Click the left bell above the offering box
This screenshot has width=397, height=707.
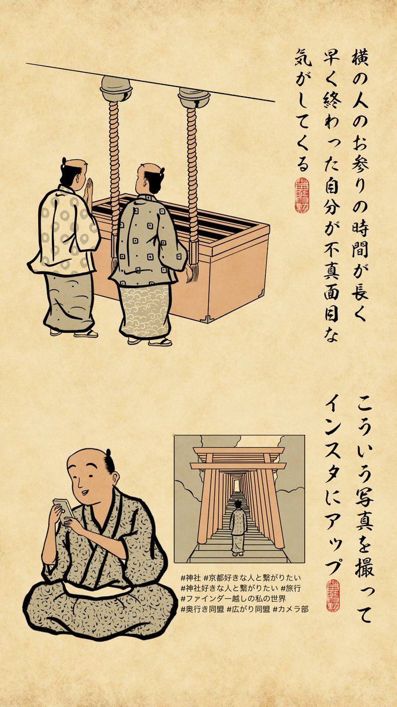click(x=116, y=89)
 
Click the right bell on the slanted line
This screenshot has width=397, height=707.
click(x=194, y=98)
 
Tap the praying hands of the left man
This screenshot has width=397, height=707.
click(x=89, y=189)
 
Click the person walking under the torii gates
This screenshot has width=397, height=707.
click(x=238, y=527)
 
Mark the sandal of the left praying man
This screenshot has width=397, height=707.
click(x=85, y=333)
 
